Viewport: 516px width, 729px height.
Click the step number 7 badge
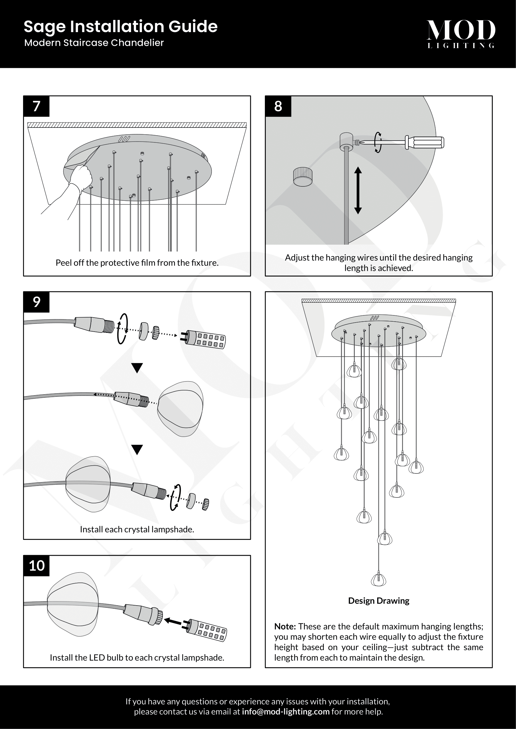[37, 106]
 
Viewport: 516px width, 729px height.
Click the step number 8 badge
[278, 106]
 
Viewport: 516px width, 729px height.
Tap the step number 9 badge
[37, 302]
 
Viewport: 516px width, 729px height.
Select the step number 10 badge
[37, 565]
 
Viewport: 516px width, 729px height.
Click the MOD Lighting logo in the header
[460, 34]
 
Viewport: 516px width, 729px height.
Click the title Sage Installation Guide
[120, 26]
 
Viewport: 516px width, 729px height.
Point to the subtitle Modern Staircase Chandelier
[94, 43]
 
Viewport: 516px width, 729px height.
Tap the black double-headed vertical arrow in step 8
[358, 190]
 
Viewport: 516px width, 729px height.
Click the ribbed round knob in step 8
[303, 177]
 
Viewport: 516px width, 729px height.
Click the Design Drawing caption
[378, 601]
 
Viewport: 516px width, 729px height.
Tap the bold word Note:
[285, 626]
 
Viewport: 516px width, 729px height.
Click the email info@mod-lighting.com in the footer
[285, 712]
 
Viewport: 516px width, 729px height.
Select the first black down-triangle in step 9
[137, 368]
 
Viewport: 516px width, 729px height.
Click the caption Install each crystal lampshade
[137, 529]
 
